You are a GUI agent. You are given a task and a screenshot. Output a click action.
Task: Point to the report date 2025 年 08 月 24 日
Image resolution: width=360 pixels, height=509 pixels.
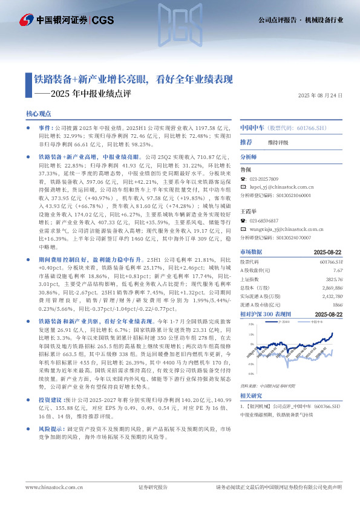321,96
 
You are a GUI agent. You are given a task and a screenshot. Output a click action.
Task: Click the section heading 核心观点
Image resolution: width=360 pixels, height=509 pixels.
39,114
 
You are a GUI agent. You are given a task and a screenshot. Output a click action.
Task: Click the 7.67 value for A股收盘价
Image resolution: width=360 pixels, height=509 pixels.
338,271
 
